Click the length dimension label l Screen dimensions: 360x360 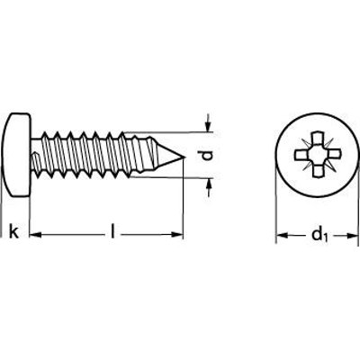[112, 231]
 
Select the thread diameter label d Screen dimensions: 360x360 [207, 156]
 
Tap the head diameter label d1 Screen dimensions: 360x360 [320, 235]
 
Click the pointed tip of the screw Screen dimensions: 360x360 [184, 157]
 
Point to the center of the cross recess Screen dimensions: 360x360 [317, 155]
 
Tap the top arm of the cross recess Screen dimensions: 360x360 [318, 138]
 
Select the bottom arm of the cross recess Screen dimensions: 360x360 [318, 171]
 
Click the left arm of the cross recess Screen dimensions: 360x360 [301, 155]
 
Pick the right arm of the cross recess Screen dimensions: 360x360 [334, 155]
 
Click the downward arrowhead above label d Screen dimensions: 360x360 [209, 127]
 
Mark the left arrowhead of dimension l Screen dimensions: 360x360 [36, 235]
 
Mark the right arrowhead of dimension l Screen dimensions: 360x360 [177, 234]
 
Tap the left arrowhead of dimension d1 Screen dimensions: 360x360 [282, 236]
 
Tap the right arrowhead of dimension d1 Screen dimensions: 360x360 [353, 236]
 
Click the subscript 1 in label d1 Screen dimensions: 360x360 [327, 238]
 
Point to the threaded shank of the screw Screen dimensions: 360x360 [106, 155]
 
